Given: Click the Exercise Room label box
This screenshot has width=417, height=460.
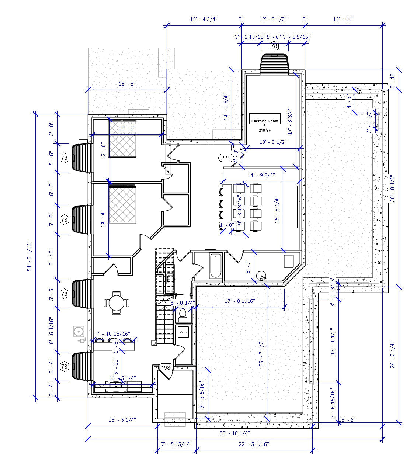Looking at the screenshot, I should tap(265, 118).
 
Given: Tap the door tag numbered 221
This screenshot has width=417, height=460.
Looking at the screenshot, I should tap(225, 158).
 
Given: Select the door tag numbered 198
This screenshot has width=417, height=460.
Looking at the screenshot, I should tap(166, 367).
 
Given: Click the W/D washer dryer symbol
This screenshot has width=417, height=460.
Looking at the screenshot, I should tap(183, 332).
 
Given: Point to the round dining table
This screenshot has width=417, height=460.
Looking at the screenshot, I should tap(116, 304).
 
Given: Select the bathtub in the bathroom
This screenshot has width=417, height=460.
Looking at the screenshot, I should tap(215, 266).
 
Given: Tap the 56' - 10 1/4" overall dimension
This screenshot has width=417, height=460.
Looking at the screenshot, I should tap(234, 433).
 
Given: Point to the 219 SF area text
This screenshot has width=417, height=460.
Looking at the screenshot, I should tap(264, 131).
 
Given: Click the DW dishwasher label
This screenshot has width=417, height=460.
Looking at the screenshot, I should tap(100, 385).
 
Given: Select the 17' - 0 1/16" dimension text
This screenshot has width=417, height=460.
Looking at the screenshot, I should tap(240, 301).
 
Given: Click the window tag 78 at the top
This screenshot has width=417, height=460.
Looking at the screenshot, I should tap(274, 46).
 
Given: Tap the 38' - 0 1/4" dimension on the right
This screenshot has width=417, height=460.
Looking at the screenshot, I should tap(392, 188).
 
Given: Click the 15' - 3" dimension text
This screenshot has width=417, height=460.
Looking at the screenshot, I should tap(127, 84).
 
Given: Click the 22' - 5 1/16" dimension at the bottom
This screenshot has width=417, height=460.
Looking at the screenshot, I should tap(254, 444).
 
